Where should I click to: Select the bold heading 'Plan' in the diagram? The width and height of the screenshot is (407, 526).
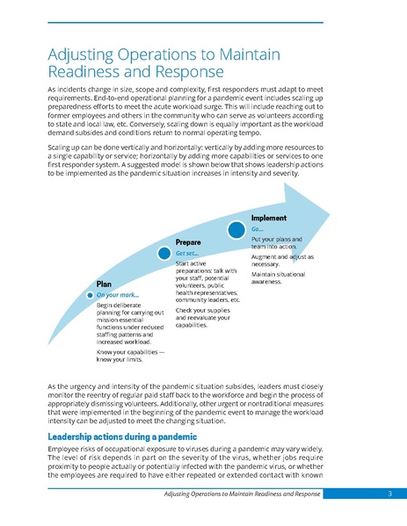point(105,285)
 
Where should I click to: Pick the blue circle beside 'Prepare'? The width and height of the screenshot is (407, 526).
point(164,253)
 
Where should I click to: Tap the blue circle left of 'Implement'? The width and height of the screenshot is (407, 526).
point(236,229)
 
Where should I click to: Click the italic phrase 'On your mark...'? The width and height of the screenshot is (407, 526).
point(120,295)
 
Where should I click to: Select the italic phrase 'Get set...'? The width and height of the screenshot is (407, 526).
point(186,253)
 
